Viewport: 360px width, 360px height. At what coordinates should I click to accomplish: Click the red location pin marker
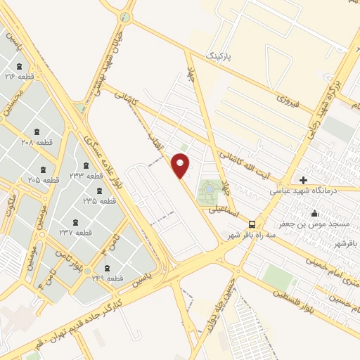[181, 166]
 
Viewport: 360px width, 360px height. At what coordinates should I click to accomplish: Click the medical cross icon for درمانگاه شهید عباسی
[303, 180]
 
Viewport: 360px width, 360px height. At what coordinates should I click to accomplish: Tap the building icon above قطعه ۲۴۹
[107, 268]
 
